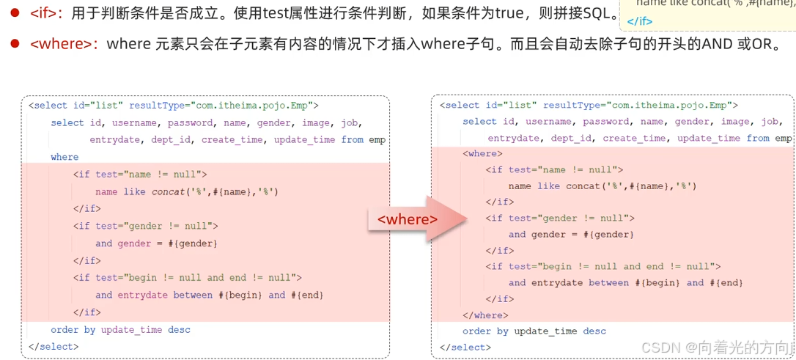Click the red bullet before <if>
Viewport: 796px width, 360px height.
[x=14, y=14]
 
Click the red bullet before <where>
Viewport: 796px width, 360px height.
[x=14, y=44]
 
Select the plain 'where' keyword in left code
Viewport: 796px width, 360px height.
[x=65, y=157]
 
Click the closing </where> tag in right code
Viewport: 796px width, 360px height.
[x=485, y=315]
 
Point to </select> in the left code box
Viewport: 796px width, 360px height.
[x=51, y=347]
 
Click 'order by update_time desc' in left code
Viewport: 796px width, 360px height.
[x=120, y=330]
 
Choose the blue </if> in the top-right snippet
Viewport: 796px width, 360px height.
[x=640, y=21]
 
